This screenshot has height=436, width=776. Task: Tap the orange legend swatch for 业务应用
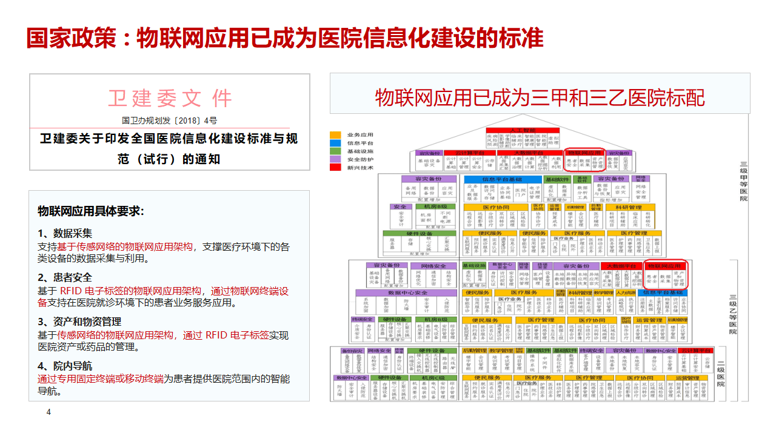click(335, 134)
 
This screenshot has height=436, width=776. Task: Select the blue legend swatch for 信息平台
click(335, 143)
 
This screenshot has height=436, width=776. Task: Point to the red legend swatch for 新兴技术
click(335, 167)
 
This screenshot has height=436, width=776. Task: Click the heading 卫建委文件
click(170, 98)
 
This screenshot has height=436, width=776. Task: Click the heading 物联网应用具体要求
click(90, 211)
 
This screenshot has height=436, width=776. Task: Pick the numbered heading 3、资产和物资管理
click(79, 322)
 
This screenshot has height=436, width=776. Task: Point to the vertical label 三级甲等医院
click(743, 181)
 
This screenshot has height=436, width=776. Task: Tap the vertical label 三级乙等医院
click(733, 314)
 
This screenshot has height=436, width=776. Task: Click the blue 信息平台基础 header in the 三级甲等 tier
click(503, 179)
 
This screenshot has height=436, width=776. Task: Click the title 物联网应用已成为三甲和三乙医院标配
click(540, 97)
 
